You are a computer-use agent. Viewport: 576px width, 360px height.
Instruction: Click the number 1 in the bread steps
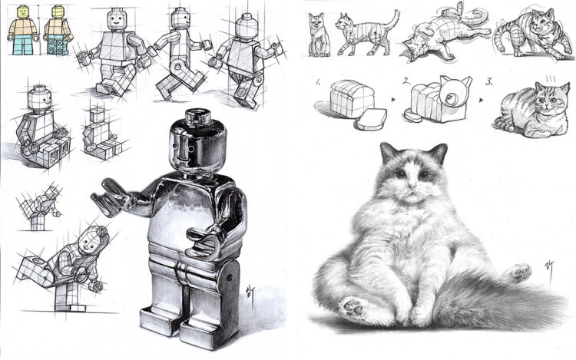click(x=317, y=80)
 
